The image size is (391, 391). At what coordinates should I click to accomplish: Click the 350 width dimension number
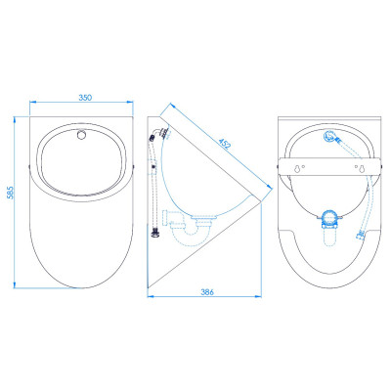85,97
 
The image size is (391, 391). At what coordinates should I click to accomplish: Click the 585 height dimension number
10,193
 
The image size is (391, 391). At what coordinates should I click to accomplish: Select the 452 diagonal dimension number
225,143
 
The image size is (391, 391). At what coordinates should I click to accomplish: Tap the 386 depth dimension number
207,292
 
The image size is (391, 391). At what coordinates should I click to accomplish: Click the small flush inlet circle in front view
81,134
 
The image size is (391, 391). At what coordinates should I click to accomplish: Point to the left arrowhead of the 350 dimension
32,102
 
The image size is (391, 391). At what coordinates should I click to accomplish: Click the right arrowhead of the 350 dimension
130,102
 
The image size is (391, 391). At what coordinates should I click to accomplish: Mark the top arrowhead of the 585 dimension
15,119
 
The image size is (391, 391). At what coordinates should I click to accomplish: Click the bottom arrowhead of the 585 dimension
15,285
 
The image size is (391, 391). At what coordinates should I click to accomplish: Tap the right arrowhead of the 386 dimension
259,296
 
